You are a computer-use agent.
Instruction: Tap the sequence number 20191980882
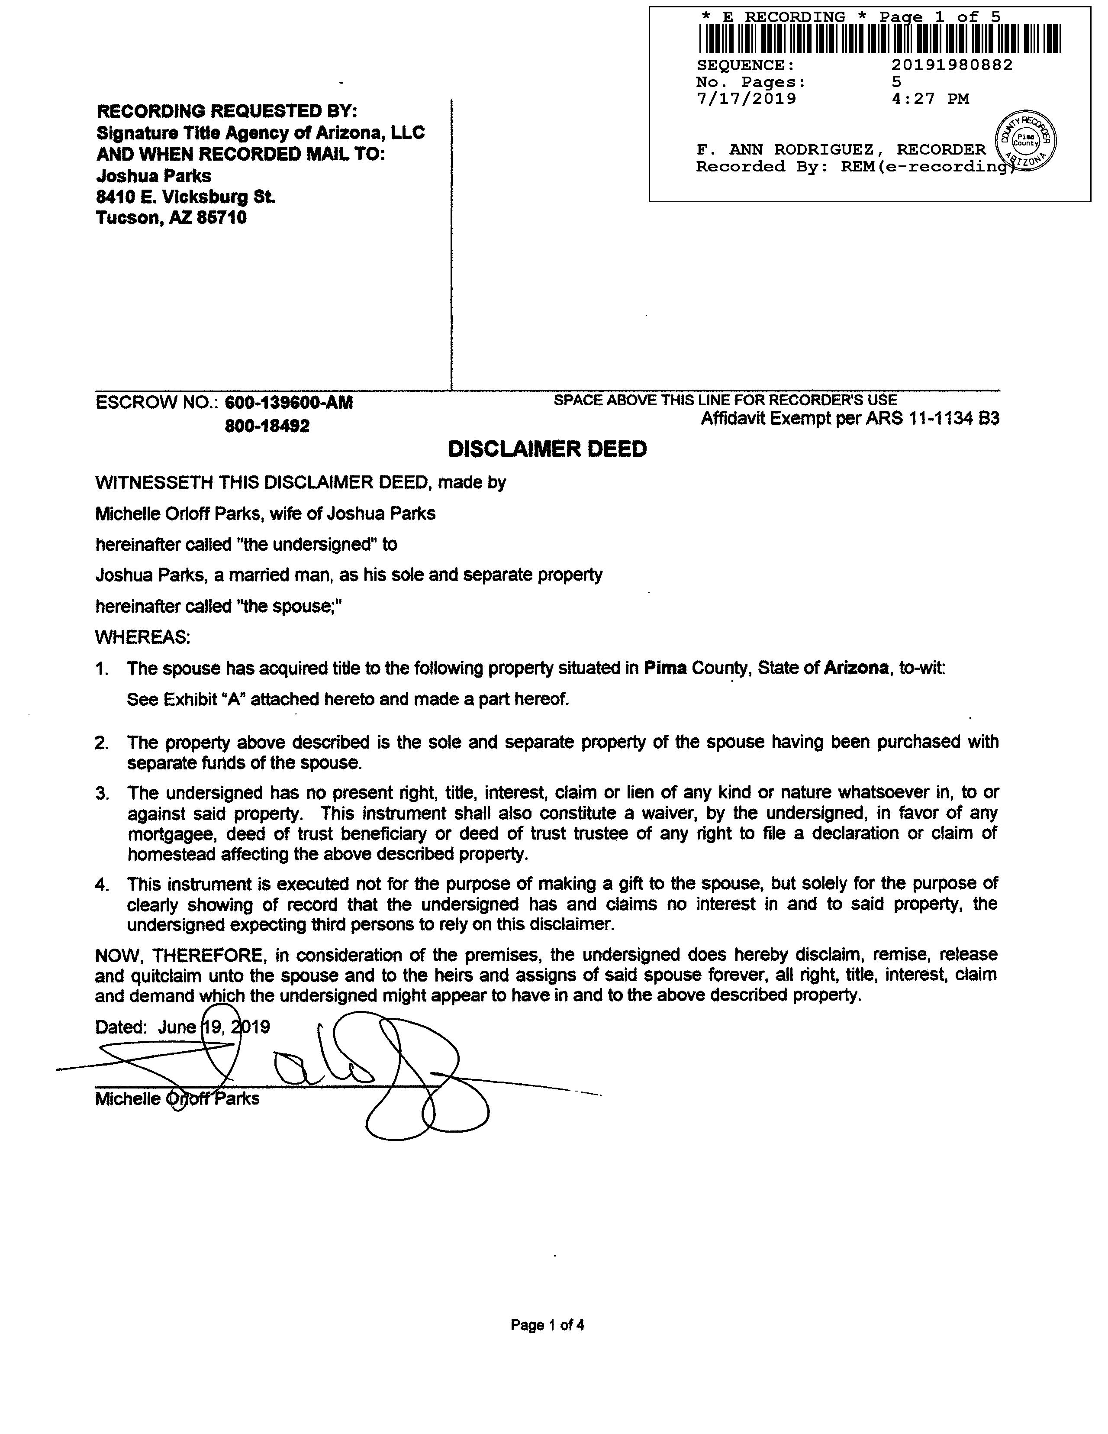coord(952,65)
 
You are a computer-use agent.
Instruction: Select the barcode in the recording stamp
coord(879,39)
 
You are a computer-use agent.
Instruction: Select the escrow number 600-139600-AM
coord(289,403)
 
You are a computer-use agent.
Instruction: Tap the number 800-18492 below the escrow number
coord(267,426)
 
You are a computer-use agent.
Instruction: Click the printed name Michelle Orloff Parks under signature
coord(177,1098)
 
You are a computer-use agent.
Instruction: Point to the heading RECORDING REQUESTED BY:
coord(227,110)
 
